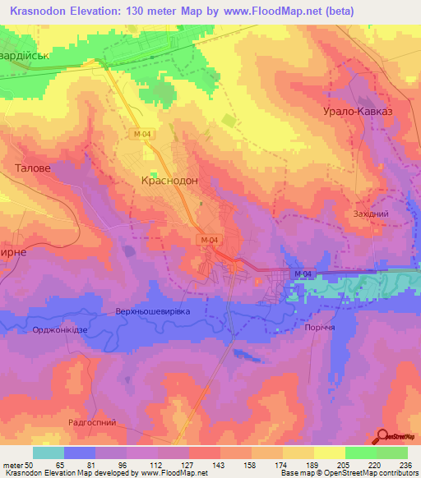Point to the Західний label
click(370, 213)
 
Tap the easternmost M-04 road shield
click(302, 273)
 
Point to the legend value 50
click(30, 464)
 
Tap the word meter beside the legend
click(12, 464)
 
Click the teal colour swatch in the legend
click(49, 453)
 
